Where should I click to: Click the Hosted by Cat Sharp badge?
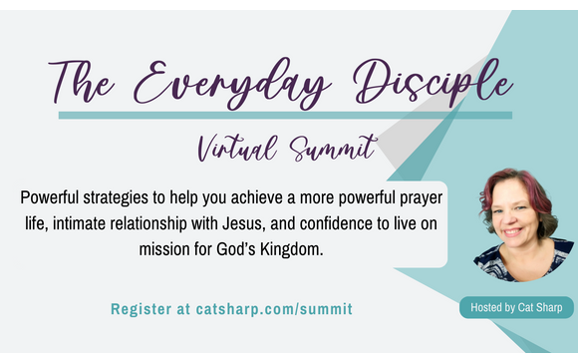click(x=516, y=308)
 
